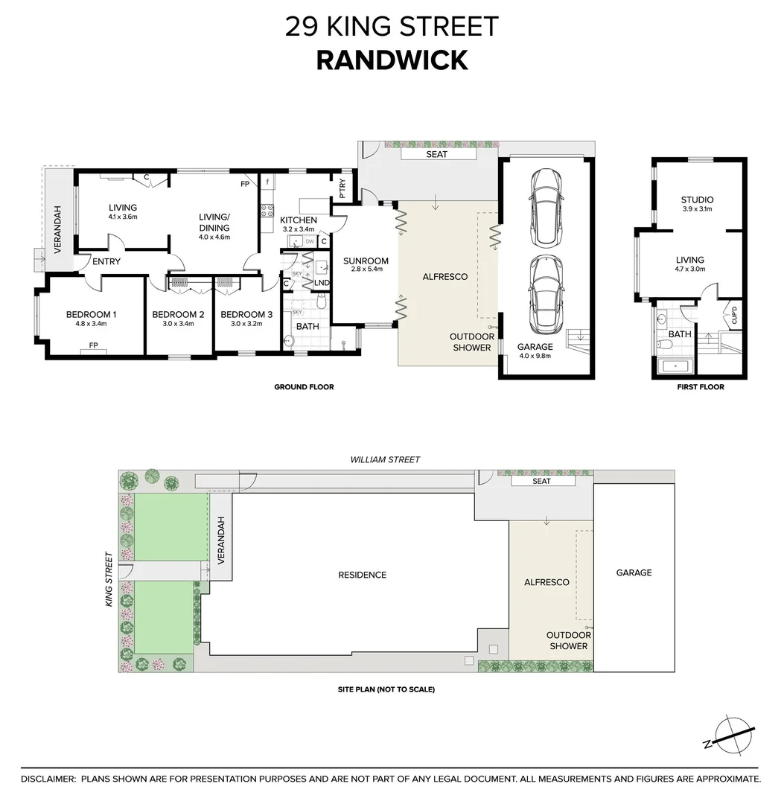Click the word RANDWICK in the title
(392, 60)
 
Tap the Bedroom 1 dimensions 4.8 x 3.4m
(91, 324)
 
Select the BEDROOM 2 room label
(178, 314)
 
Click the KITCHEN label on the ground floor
(299, 220)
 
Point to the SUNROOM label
(366, 261)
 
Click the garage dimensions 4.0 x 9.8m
(535, 357)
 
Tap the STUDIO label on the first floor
(697, 200)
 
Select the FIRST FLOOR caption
(700, 387)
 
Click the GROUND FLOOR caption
(304, 387)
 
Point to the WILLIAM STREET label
(385, 460)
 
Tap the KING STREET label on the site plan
(109, 578)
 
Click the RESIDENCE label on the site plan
(363, 575)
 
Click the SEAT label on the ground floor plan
(436, 154)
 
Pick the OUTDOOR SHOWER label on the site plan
(568, 640)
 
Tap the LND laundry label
(322, 284)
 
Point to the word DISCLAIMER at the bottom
(48, 779)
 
